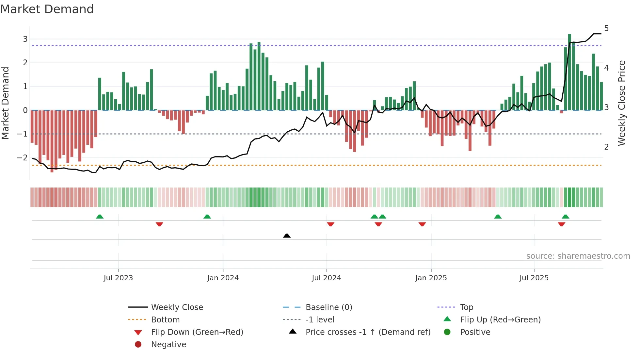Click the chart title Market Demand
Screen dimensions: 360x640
pyautogui.click(x=47, y=9)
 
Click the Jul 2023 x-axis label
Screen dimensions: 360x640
pyautogui.click(x=118, y=278)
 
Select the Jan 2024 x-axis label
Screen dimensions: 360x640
pyautogui.click(x=223, y=278)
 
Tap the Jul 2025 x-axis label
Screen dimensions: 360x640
pyautogui.click(x=534, y=278)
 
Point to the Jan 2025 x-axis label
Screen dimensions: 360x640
pyautogui.click(x=431, y=278)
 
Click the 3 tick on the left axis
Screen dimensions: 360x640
pyautogui.click(x=25, y=39)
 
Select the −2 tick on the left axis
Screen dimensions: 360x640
pyautogui.click(x=23, y=158)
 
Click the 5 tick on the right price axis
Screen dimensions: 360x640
pyautogui.click(x=606, y=28)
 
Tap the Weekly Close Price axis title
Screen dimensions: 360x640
pyautogui.click(x=622, y=103)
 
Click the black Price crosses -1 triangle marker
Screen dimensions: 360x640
pyautogui.click(x=287, y=236)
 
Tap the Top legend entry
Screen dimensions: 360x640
pyautogui.click(x=466, y=307)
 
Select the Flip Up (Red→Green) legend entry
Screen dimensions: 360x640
pyautogui.click(x=500, y=320)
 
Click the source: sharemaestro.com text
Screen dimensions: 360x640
pyautogui.click(x=578, y=256)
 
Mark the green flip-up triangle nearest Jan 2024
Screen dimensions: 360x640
pyautogui.click(x=207, y=217)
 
